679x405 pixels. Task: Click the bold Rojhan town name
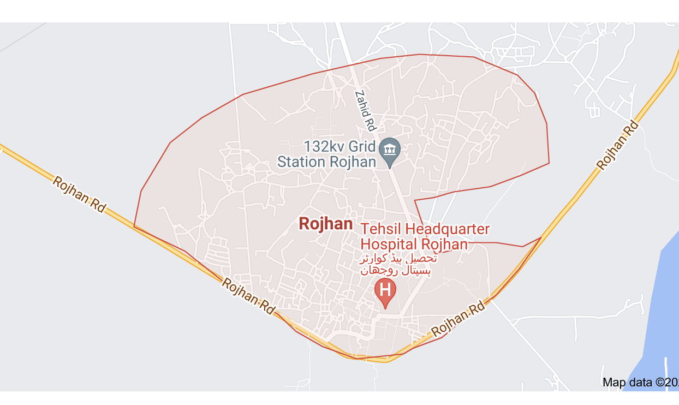coord(326,224)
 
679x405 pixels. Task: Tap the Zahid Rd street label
coord(365,111)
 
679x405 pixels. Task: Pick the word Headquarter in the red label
coord(447,229)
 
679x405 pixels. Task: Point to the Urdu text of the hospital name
coord(398,264)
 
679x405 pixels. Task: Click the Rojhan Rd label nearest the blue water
coord(617,146)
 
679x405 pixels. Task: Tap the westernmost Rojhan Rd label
coord(79,195)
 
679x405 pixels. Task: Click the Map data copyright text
coord(640,382)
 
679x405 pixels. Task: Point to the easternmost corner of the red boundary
coord(549,163)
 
